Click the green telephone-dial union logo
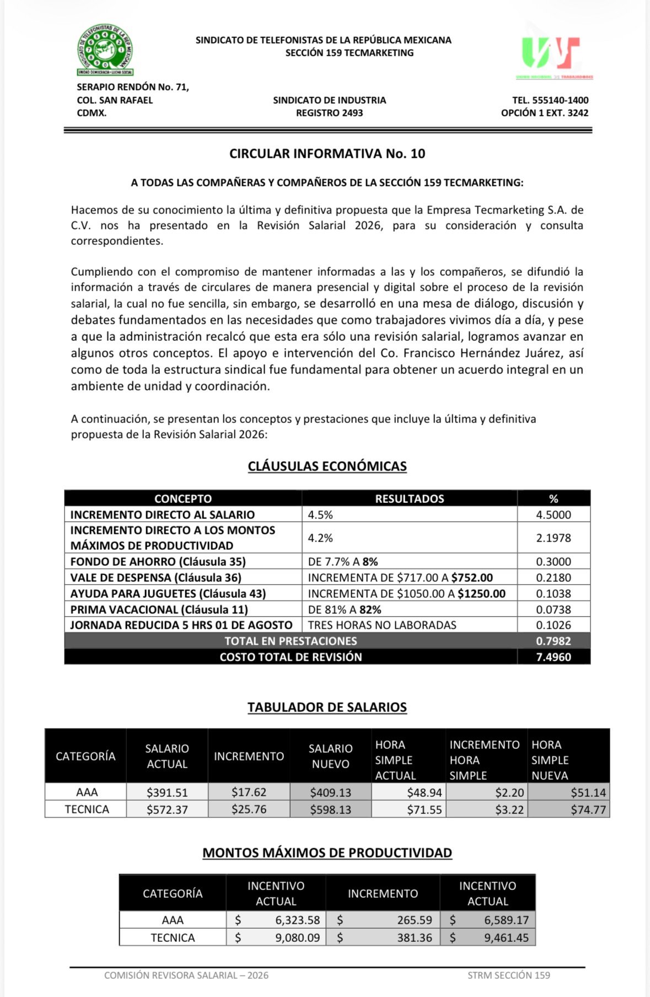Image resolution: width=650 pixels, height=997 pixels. (x=105, y=50)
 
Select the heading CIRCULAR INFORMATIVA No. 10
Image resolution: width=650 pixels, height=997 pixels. (x=327, y=154)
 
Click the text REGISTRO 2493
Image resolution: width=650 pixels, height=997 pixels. (x=329, y=113)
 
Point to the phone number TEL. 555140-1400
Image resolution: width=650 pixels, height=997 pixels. (x=550, y=100)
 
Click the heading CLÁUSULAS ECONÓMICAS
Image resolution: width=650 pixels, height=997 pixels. (x=327, y=467)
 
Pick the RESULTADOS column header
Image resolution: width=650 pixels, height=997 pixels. (x=409, y=499)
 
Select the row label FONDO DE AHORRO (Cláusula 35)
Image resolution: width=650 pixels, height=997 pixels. (x=158, y=562)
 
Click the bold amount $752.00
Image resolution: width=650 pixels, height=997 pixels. (x=472, y=578)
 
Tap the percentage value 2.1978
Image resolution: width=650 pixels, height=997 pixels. (x=554, y=538)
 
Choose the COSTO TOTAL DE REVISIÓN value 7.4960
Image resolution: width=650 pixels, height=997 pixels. (x=554, y=657)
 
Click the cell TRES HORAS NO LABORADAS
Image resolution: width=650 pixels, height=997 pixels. (x=382, y=625)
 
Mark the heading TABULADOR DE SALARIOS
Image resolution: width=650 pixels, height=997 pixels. (x=327, y=707)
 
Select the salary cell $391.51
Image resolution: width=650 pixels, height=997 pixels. (x=167, y=792)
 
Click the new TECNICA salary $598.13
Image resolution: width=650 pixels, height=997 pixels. (x=330, y=810)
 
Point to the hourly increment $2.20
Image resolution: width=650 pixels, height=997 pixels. (x=509, y=792)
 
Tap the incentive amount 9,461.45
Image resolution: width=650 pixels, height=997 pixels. (x=506, y=937)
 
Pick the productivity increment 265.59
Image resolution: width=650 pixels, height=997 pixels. (x=415, y=920)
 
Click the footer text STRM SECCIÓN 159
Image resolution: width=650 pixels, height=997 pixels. (x=508, y=975)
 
